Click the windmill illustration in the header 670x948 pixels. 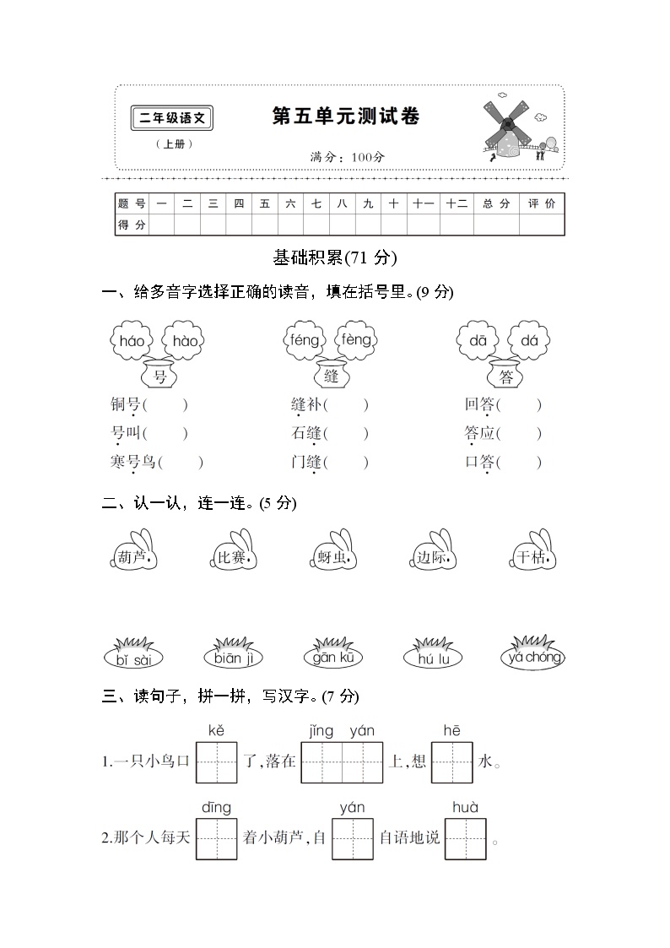pos(510,129)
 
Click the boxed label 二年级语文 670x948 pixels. pos(172,119)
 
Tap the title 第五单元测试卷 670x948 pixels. pos(345,116)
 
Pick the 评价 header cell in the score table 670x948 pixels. pos(542,203)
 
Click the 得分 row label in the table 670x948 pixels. pos(132,225)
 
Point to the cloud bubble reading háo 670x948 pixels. pos(132,340)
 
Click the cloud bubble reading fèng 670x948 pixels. pos(355,339)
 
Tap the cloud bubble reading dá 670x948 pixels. pos(529,340)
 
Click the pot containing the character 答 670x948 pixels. pos(506,375)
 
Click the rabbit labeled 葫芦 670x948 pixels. pos(132,554)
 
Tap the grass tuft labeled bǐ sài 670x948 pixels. pos(133,657)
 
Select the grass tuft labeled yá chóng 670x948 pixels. pos(532,655)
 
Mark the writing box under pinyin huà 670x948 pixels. pos(466,838)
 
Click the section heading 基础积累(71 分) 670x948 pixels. pos(335,257)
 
